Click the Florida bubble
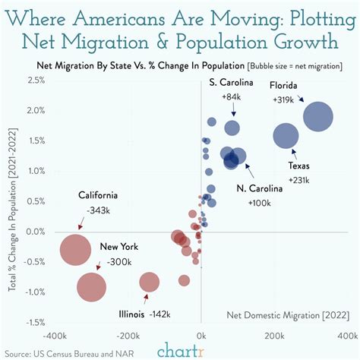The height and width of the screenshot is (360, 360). coord(318,117)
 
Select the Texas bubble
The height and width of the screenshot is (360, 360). coord(286,137)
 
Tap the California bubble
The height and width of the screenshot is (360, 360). coord(74,251)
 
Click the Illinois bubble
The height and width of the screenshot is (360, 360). coord(150,283)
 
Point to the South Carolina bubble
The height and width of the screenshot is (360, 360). coord(232,128)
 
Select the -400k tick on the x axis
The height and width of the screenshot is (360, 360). coord(56,335)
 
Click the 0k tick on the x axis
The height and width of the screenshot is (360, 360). coord(201,335)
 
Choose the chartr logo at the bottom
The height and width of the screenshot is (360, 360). coord(180,351)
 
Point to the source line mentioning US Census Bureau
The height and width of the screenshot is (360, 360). coord(61,353)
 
